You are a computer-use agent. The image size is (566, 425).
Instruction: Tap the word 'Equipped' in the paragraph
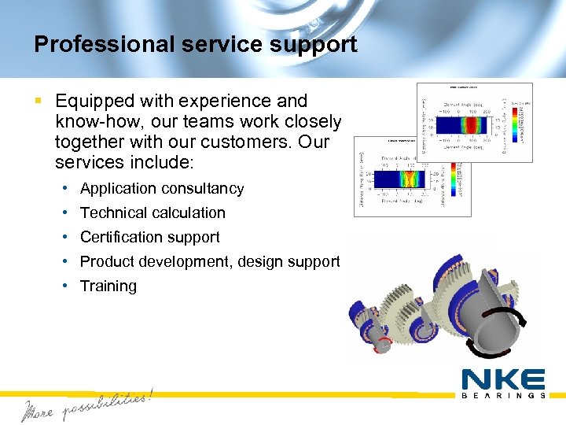93,102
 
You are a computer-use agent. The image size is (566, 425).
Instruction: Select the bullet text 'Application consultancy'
162,189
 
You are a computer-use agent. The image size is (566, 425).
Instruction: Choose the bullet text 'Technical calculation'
153,213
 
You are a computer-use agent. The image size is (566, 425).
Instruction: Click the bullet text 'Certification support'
149,238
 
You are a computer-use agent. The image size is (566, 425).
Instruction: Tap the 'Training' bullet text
108,286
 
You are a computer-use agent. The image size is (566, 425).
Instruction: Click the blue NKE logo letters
503,379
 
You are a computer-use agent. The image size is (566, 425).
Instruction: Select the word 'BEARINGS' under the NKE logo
503,395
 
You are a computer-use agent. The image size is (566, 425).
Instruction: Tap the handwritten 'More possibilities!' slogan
86,405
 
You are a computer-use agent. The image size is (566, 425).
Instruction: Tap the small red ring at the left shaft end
383,346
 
